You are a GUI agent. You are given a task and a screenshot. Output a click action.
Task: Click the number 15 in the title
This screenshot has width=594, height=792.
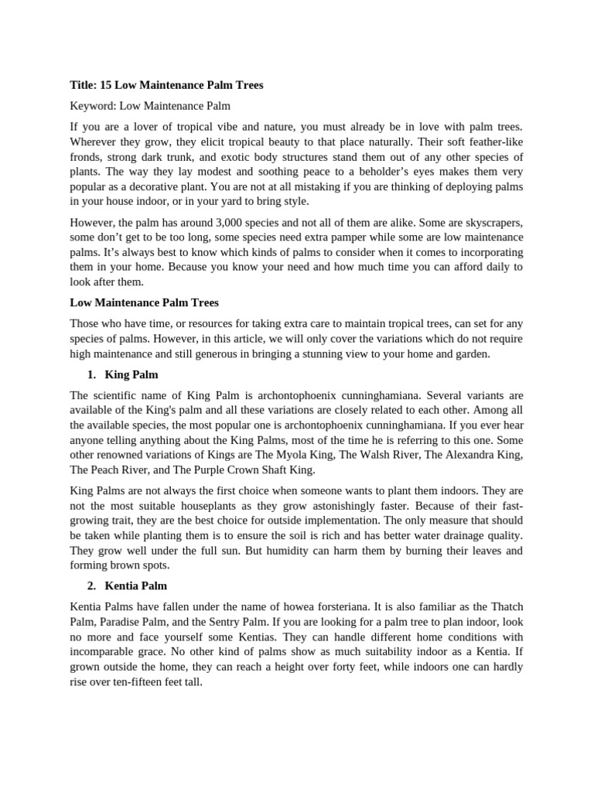(106, 85)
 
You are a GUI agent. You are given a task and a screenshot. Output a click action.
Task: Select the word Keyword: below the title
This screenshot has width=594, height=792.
(92, 105)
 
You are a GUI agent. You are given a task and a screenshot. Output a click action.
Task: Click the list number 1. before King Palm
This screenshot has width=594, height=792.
(91, 374)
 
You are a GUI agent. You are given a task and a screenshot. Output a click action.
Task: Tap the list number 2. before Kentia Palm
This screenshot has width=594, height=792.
(91, 585)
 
